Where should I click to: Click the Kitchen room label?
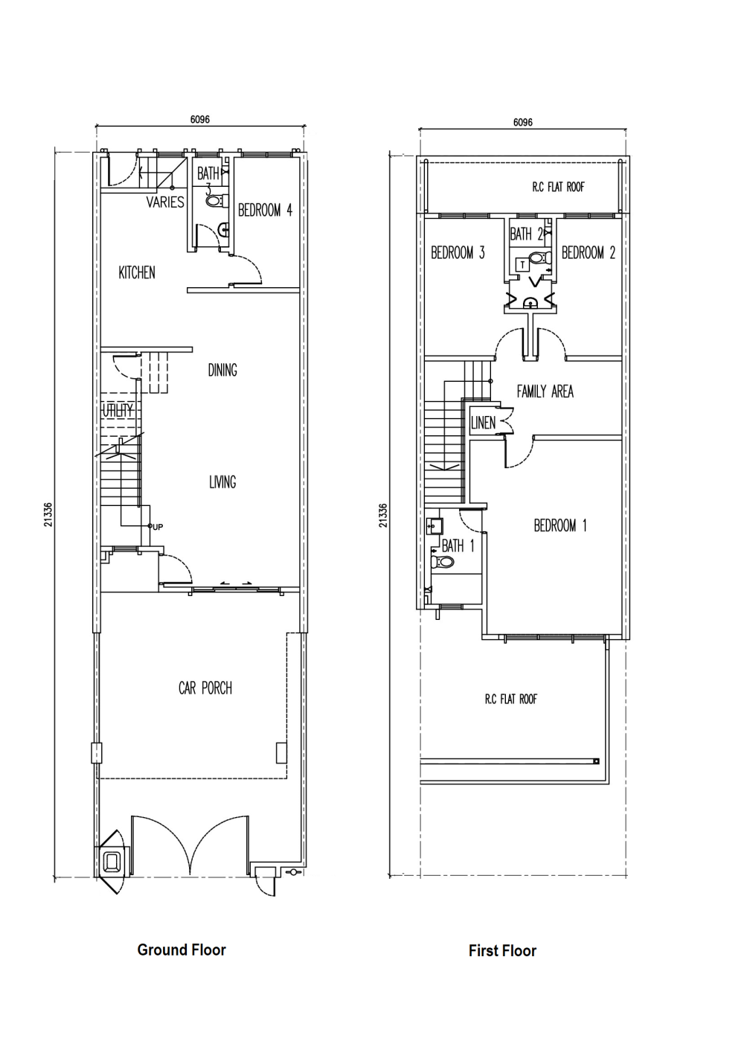137,272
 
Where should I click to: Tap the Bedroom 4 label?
265,210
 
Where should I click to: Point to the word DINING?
222,371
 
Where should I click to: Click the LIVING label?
222,481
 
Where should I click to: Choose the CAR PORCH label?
205,688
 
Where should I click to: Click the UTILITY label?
118,410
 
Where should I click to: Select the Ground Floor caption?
182,950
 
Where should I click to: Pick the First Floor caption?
502,951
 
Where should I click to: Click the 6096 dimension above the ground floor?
199,119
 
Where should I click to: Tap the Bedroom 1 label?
560,525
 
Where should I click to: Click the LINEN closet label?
483,423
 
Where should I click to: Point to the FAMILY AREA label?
545,391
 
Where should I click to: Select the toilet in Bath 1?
442,561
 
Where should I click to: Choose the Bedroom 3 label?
458,253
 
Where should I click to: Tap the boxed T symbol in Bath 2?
522,265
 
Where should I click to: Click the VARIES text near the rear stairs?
165,202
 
